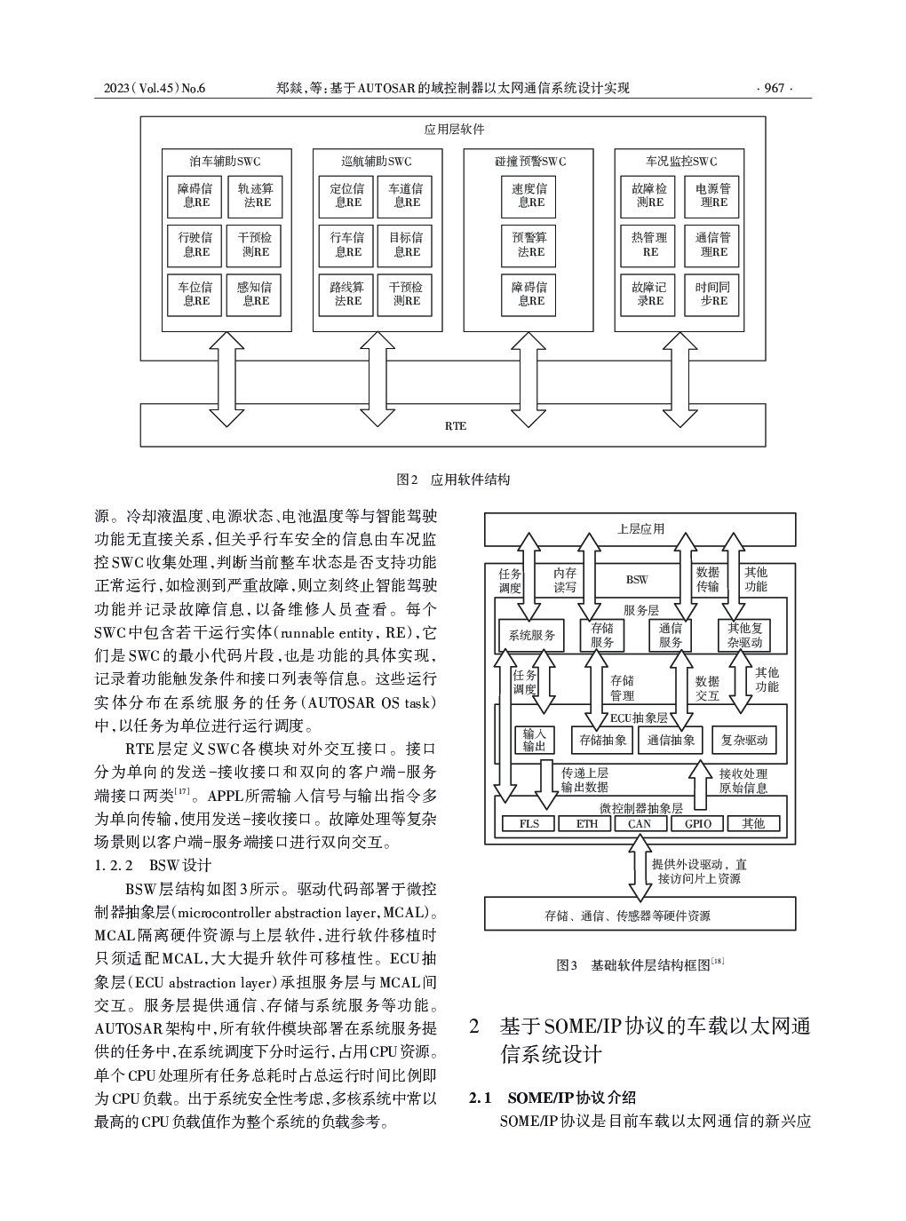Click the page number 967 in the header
(774, 88)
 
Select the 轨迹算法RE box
(255, 196)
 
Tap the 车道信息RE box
(404, 196)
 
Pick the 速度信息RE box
(528, 196)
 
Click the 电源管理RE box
(711, 196)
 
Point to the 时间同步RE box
(711, 295)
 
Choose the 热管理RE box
(648, 245)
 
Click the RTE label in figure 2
(456, 425)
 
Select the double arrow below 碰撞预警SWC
(528, 379)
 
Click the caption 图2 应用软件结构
(453, 480)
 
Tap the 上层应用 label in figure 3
(640, 529)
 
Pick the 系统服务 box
(531, 635)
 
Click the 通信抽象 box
(671, 741)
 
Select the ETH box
(585, 824)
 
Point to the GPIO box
(698, 824)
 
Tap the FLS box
(529, 824)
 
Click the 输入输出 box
(534, 741)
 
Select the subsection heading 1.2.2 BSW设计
(153, 866)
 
